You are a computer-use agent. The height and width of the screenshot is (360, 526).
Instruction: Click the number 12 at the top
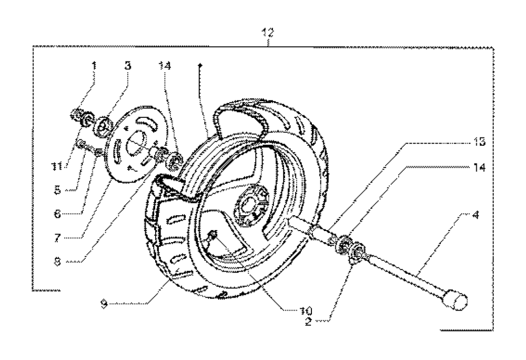tap(268, 33)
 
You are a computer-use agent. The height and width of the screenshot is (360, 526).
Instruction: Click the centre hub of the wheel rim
tap(249, 202)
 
